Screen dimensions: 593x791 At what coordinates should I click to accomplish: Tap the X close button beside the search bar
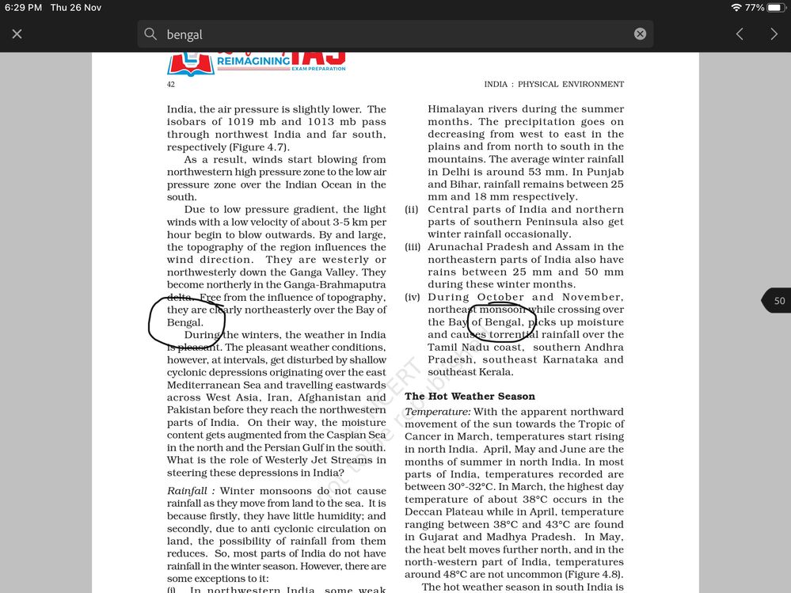(17, 34)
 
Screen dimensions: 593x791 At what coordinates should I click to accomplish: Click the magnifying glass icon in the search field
(150, 34)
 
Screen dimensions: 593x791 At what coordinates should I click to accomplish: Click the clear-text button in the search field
(640, 34)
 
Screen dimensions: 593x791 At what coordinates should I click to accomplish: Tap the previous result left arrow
(740, 34)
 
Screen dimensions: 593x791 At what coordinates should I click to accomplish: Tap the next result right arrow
(774, 34)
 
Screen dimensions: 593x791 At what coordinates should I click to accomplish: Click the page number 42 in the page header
(171, 84)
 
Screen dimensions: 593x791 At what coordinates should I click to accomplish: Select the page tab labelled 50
(778, 301)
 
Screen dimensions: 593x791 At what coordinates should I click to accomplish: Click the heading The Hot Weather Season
(470, 396)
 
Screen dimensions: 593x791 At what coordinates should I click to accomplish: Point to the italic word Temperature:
(437, 412)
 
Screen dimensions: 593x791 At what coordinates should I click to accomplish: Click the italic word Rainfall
(189, 491)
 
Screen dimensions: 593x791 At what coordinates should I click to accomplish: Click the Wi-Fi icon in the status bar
(736, 7)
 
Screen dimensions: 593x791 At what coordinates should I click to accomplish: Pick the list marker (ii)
(411, 210)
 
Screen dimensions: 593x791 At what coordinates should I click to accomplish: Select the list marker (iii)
(413, 247)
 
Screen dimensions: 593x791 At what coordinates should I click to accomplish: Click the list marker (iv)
(413, 297)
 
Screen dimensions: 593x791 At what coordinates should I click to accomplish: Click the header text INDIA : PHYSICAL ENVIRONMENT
(553, 84)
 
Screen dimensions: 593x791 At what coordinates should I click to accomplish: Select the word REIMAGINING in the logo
(253, 61)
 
